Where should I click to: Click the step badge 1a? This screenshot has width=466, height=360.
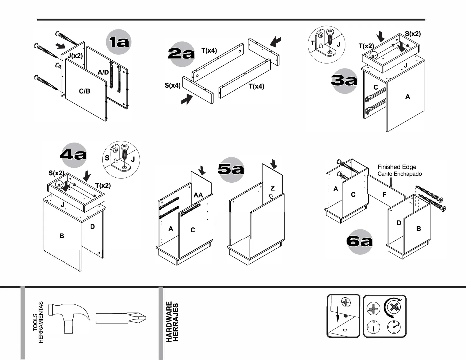(119, 42)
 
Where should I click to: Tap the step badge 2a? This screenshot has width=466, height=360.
(181, 54)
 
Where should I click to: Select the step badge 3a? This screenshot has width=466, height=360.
(344, 80)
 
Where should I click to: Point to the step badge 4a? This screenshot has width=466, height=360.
(73, 155)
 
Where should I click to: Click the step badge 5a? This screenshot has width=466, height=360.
(231, 169)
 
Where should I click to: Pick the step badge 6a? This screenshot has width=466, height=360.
(360, 241)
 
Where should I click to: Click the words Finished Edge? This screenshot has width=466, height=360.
(397, 167)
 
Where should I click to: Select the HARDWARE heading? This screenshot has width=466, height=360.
(169, 322)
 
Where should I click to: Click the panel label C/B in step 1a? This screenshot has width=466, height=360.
(84, 91)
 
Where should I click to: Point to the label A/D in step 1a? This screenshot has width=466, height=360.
(103, 72)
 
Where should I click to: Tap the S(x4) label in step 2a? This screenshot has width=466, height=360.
(172, 86)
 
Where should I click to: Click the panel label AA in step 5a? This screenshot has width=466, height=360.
(198, 195)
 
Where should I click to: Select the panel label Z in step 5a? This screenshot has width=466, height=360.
(272, 188)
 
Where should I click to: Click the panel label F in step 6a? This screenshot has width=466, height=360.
(384, 194)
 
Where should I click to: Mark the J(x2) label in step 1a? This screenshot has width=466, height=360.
(75, 56)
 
